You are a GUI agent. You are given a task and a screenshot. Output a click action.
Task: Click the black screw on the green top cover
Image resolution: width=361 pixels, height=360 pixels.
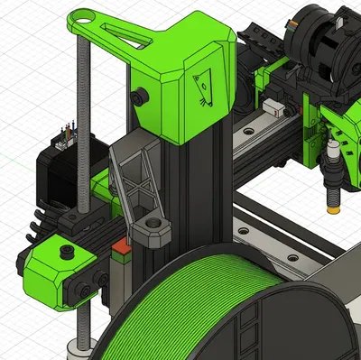pyautogui.click(x=140, y=95)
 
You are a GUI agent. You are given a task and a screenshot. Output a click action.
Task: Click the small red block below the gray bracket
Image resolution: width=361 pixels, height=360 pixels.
pyautogui.click(x=117, y=245)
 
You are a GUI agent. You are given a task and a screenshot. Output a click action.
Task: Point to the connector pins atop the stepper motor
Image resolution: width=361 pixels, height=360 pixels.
pyautogui.click(x=64, y=135)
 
